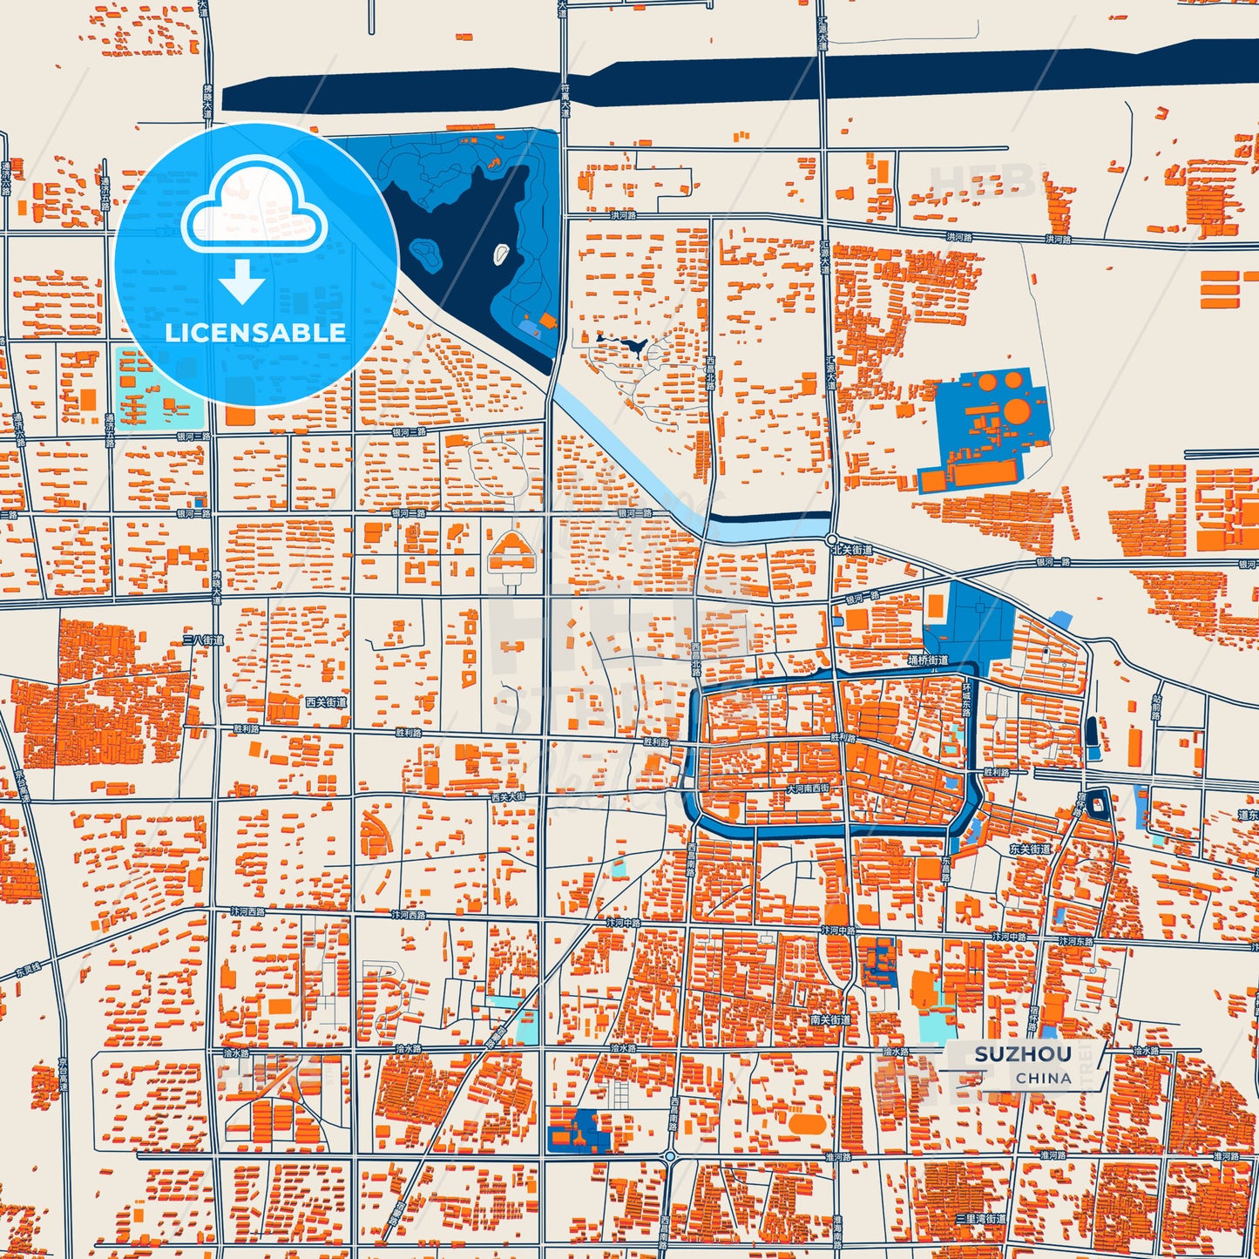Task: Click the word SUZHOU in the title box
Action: pos(1023,1054)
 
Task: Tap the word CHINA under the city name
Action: pos(1043,1078)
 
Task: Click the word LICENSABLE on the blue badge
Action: pos(255,333)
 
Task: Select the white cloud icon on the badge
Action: pos(254,208)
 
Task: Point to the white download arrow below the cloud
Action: pos(242,281)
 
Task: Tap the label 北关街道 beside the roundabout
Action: pos(851,550)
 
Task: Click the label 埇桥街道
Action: pos(928,660)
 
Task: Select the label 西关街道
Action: pos(326,701)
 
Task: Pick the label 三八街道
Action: pos(203,640)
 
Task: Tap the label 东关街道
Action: pos(1030,849)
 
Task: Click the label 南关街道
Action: pos(829,1019)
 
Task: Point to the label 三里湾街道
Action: pos(980,1218)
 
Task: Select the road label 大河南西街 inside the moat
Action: pos(808,789)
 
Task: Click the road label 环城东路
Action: pos(966,700)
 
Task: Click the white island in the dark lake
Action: pos(501,254)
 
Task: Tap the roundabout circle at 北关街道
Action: pos(832,540)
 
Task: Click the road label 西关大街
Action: pos(508,796)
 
